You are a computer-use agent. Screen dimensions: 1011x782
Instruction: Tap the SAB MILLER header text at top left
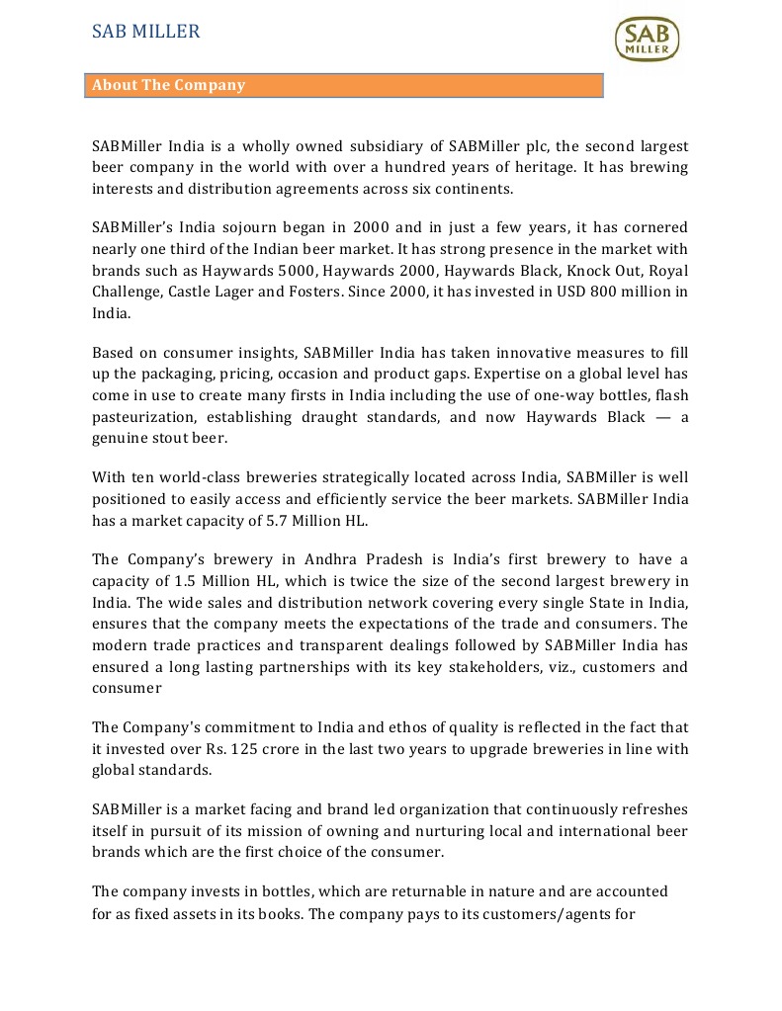145,32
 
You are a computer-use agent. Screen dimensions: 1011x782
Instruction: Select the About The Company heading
168,85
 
